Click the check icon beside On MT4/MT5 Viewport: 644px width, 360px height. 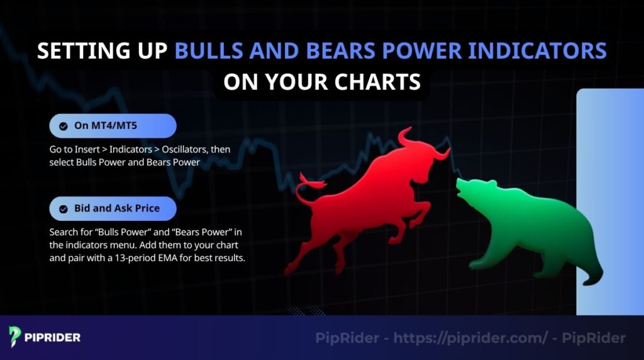click(64, 126)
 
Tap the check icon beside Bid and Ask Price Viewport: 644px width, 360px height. click(64, 208)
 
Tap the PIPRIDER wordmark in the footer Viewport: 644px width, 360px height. click(53, 337)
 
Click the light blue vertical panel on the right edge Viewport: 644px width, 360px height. click(609, 201)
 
